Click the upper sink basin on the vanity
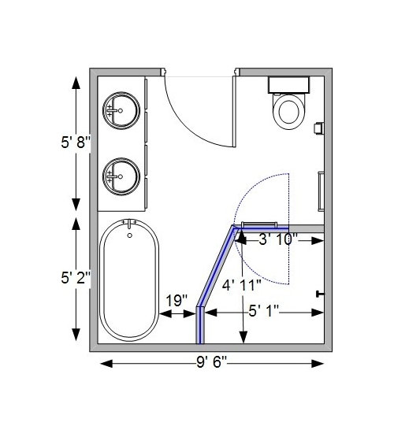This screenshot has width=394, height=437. [122, 107]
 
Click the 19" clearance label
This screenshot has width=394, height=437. [177, 300]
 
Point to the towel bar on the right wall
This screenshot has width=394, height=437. [322, 190]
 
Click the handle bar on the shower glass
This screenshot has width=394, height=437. [259, 224]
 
